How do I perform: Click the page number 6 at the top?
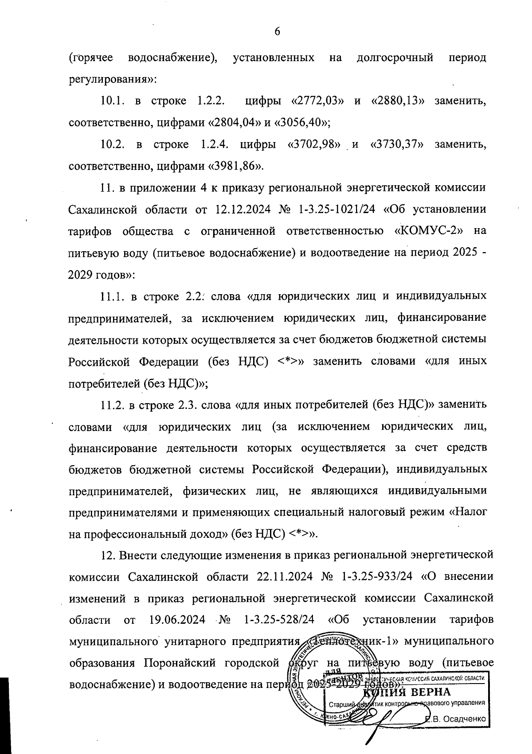pyautogui.click(x=278, y=31)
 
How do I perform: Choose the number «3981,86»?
pyautogui.click(x=235, y=166)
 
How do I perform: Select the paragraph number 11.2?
pyautogui.click(x=113, y=404)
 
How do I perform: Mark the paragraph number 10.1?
pyautogui.click(x=113, y=101)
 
